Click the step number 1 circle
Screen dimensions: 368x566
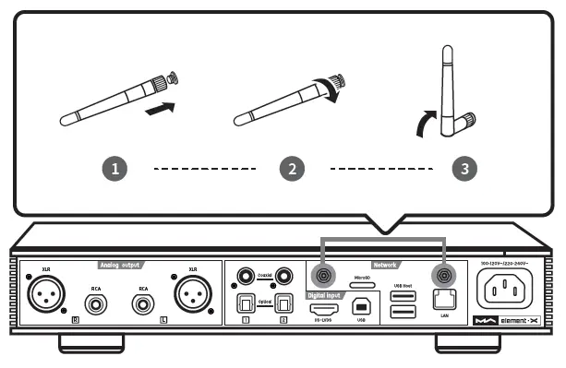[x=115, y=170]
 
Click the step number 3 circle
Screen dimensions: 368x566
[x=464, y=170]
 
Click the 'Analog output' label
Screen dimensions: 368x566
[x=121, y=266]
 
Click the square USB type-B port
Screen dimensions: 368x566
[x=361, y=311]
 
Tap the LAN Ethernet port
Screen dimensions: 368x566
[x=444, y=301]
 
